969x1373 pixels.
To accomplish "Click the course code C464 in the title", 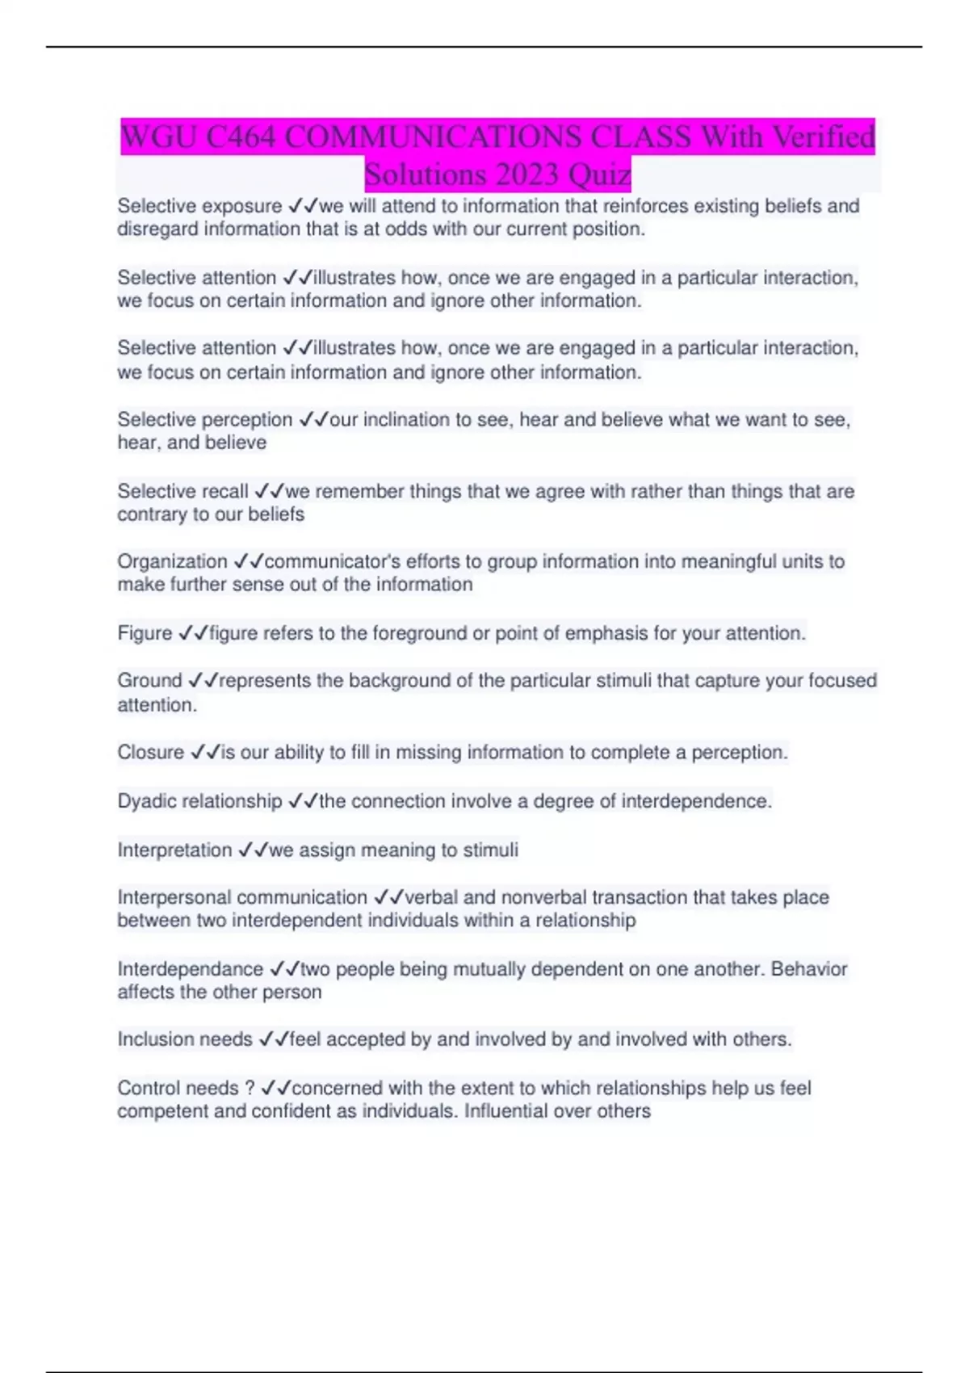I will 241,136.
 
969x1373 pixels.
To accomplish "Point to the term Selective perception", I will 204,420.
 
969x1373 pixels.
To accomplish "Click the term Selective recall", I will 182,491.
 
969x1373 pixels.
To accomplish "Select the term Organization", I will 172,561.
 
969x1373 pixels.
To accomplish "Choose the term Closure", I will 150,753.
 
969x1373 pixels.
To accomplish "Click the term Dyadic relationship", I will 199,801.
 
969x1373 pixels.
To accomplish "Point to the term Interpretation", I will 174,850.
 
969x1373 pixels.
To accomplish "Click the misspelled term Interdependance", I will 190,969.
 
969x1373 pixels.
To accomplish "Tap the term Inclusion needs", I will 185,1039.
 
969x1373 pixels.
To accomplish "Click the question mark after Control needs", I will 250,1088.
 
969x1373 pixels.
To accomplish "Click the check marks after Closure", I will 205,753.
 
